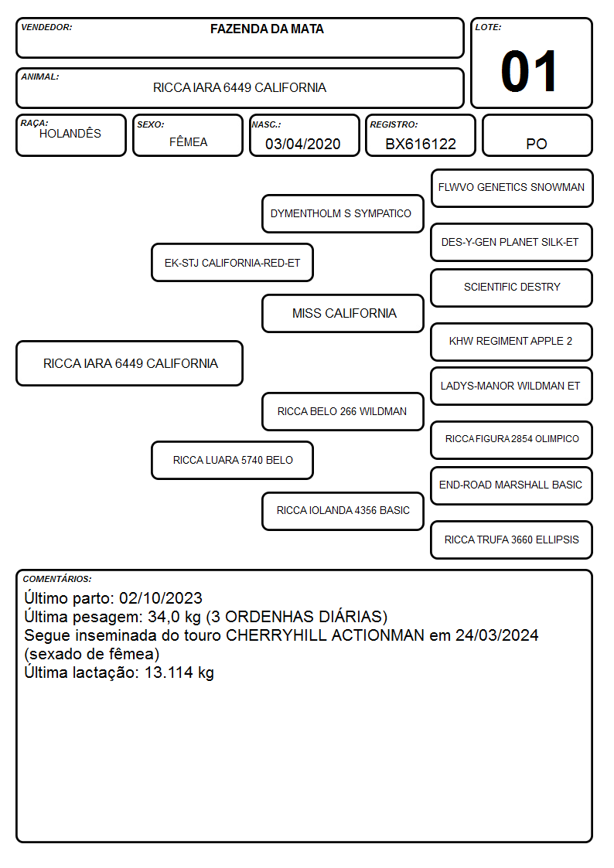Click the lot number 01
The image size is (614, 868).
click(x=529, y=71)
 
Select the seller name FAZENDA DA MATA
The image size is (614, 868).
click(x=267, y=29)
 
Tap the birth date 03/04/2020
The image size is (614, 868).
click(x=303, y=144)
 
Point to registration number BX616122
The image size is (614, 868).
click(x=421, y=144)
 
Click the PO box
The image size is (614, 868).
click(x=537, y=135)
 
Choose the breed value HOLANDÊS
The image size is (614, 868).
click(x=70, y=133)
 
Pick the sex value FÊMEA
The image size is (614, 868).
click(x=188, y=142)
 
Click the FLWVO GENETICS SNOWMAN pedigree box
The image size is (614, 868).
click(x=512, y=189)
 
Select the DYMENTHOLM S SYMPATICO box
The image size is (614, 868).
click(x=343, y=213)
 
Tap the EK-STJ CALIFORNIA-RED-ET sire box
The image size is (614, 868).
click(x=232, y=263)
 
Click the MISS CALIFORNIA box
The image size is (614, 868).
click(x=343, y=313)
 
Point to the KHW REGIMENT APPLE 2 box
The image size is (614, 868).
click(x=512, y=342)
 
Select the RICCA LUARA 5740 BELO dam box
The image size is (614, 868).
click(x=232, y=460)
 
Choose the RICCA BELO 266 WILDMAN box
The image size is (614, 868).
click(x=343, y=412)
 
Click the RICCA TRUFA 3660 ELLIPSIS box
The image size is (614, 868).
click(x=512, y=540)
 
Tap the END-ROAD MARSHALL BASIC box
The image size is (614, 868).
click(x=512, y=485)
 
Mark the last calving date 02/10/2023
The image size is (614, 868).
click(x=161, y=598)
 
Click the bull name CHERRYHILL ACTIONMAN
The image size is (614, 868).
click(x=325, y=635)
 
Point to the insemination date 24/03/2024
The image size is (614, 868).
click(x=496, y=635)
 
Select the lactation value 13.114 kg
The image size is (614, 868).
click(x=179, y=672)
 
